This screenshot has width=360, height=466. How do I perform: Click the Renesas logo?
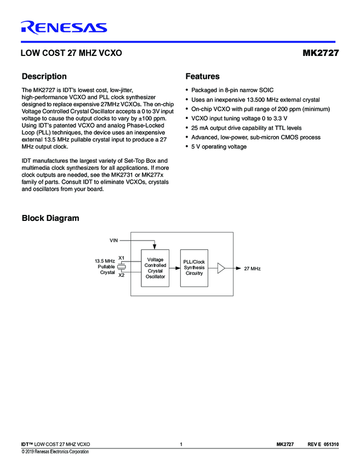[x=64, y=27]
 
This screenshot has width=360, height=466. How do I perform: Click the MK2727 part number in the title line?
[x=321, y=54]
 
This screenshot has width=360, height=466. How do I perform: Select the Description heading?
[x=44, y=76]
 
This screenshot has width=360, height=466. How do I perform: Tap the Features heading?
[x=202, y=76]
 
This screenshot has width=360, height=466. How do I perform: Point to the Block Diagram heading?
[x=50, y=218]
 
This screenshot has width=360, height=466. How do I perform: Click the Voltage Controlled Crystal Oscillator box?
[x=155, y=268]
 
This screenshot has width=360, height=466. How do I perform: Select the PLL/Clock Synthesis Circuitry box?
[x=194, y=268]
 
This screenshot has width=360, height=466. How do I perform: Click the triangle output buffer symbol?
[x=221, y=268]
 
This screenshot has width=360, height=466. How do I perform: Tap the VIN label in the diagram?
[x=114, y=240]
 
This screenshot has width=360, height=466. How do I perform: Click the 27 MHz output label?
[x=252, y=268]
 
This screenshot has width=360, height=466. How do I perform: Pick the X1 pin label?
[x=122, y=258]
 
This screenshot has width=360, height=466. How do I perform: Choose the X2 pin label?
[x=122, y=275]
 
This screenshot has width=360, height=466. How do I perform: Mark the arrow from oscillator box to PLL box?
[x=175, y=268]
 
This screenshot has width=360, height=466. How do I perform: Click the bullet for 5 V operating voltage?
[x=187, y=147]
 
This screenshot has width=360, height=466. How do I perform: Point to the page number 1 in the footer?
[x=180, y=444]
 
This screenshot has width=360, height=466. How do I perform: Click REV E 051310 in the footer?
[x=323, y=444]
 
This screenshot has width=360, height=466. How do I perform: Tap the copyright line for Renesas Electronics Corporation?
[x=55, y=452]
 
